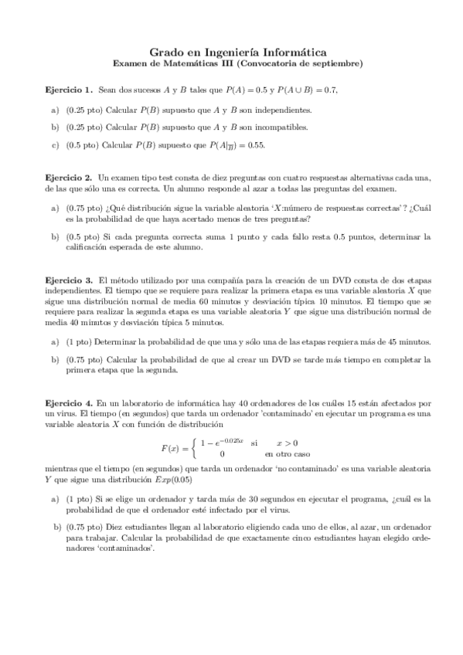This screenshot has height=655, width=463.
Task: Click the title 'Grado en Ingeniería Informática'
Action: point(233,49)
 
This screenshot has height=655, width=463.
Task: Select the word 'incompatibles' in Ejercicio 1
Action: point(283,127)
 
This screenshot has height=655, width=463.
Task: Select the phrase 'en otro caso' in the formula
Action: point(288,454)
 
